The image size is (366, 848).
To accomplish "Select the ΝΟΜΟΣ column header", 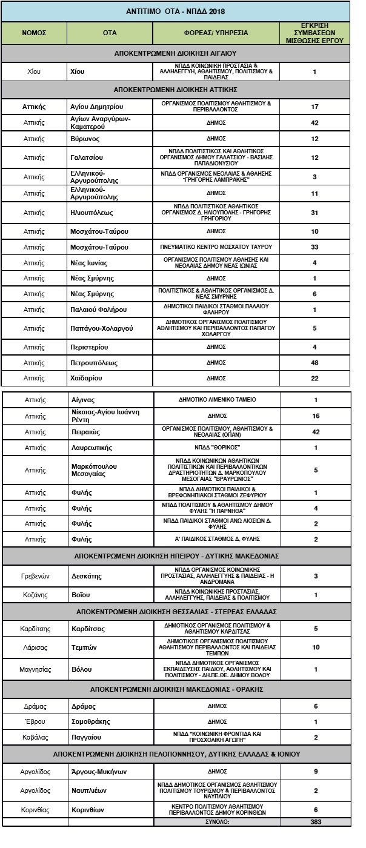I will click(x=35, y=33).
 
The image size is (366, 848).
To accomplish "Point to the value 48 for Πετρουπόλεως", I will click(x=314, y=363).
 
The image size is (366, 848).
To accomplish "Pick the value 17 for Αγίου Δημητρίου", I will click(x=314, y=107).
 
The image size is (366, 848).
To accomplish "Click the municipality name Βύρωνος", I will click(x=84, y=139).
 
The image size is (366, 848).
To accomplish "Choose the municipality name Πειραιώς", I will click(x=87, y=432).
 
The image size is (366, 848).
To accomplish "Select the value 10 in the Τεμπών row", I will click(x=314, y=647).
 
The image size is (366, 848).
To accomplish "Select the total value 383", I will click(x=314, y=822).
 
